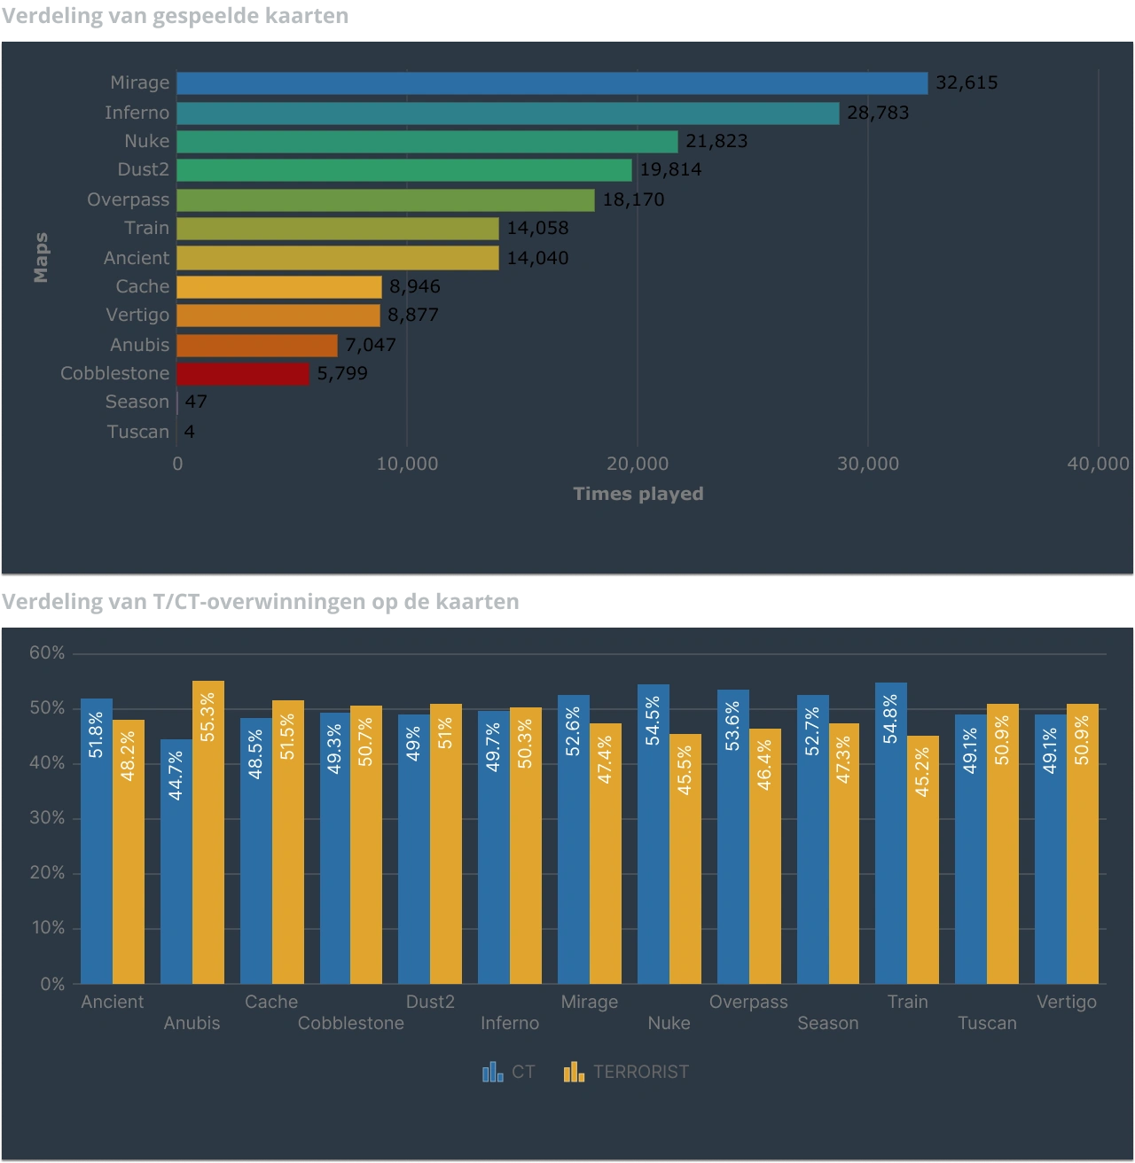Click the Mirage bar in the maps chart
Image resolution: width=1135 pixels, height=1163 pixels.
(552, 83)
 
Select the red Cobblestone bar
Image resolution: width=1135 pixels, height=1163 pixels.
(243, 373)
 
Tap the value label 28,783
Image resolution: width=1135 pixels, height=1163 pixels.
(877, 113)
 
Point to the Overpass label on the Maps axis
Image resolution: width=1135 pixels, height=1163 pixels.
(128, 199)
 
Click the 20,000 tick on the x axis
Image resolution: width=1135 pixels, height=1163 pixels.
(638, 464)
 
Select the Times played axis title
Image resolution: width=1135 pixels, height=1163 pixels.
(638, 494)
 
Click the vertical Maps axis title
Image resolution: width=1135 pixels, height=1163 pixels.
(41, 258)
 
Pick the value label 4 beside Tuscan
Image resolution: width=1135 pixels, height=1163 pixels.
(189, 432)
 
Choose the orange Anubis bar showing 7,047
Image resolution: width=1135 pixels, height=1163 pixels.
(257, 345)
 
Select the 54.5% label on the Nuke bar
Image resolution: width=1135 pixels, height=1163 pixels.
(653, 721)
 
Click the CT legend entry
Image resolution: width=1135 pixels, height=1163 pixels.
(509, 1072)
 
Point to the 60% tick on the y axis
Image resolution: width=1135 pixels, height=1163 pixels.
(47, 653)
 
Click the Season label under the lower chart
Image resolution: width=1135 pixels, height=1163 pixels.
(827, 1023)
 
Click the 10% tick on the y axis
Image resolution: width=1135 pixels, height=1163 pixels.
(47, 928)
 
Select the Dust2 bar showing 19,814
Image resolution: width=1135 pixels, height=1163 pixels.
(404, 170)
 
